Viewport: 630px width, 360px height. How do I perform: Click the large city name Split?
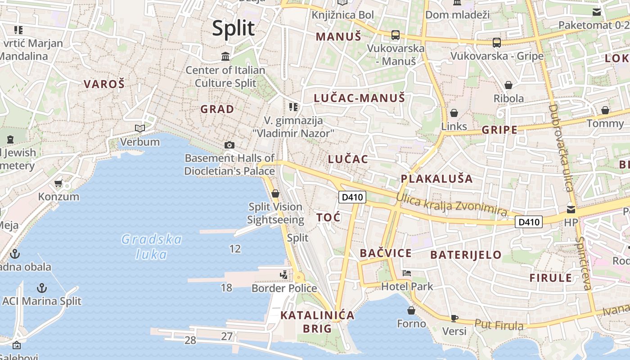233,28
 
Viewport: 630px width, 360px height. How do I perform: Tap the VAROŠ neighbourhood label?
104,84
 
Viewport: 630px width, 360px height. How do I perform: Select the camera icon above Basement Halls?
229,145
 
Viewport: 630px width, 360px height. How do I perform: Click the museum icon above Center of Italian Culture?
225,57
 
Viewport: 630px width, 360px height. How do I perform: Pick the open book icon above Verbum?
140,129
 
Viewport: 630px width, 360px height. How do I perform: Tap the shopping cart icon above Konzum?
58,183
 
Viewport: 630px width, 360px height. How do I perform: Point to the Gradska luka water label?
152,247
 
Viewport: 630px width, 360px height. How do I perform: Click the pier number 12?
235,249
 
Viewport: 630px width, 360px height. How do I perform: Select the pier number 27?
227,336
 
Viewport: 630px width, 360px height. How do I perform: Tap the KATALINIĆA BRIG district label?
317,322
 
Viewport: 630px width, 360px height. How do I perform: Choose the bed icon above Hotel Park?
407,273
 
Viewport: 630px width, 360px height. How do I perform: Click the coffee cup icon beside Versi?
454,318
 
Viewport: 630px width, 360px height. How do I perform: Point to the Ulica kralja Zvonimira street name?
451,204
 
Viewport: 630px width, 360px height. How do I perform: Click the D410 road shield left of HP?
528,221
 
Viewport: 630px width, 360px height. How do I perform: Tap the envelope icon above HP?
571,209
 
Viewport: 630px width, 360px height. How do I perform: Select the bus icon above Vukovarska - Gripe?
497,43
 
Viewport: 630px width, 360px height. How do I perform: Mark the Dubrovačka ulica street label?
560,148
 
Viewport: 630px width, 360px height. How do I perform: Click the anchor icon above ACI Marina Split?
41,288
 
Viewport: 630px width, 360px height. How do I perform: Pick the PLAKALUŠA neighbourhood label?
436,179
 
